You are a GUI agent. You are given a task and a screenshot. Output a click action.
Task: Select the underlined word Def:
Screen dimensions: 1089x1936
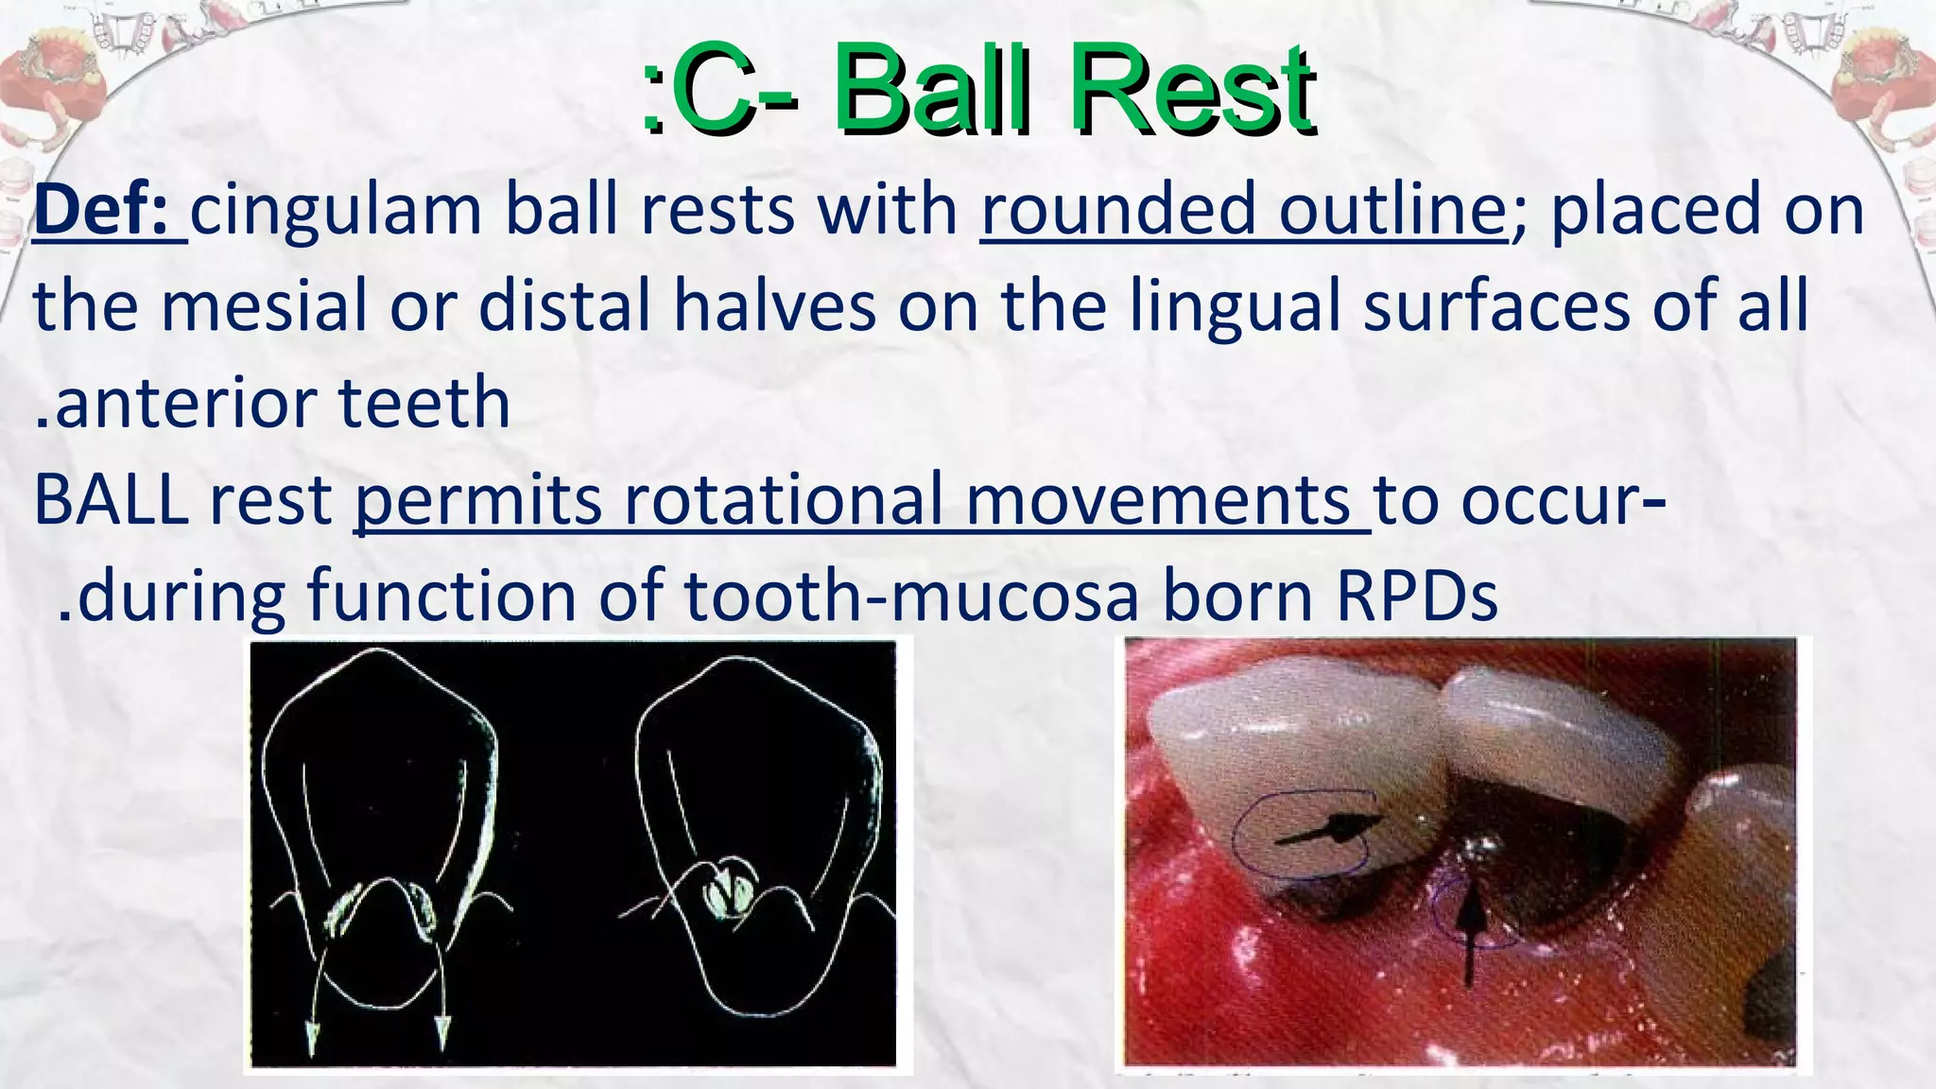[x=109, y=210]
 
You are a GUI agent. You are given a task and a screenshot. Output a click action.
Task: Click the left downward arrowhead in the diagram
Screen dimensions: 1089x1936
[x=313, y=1037]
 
